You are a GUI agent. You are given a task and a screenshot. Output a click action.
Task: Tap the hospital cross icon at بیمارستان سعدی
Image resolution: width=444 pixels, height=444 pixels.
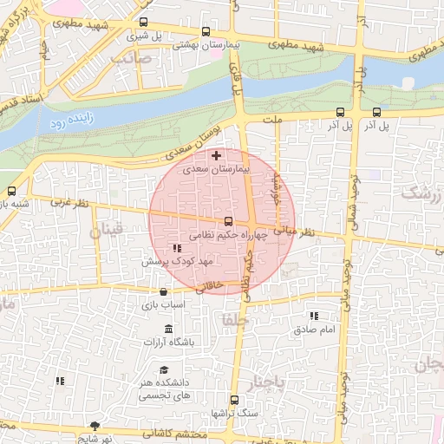pos(216,155)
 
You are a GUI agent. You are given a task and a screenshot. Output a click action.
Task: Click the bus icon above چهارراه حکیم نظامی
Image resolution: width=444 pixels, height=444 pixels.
pos(229,221)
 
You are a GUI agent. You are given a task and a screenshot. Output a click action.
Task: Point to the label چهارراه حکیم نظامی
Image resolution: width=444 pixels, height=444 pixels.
pos(222,235)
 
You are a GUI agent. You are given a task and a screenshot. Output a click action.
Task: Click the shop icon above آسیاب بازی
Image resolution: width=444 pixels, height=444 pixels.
pos(163,292)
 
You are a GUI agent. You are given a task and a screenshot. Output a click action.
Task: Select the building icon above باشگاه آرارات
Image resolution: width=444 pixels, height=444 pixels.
pos(168,330)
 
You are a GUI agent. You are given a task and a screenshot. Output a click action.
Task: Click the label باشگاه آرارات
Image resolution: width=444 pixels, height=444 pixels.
pos(170,343)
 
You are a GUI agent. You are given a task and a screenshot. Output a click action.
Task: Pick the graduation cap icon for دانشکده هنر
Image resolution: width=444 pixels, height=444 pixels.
pos(164,370)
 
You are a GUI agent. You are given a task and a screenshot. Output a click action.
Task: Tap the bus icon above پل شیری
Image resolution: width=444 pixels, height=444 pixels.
pos(143,23)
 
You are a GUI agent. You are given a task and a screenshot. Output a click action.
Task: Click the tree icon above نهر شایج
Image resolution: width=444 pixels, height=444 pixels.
pos(95,426)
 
